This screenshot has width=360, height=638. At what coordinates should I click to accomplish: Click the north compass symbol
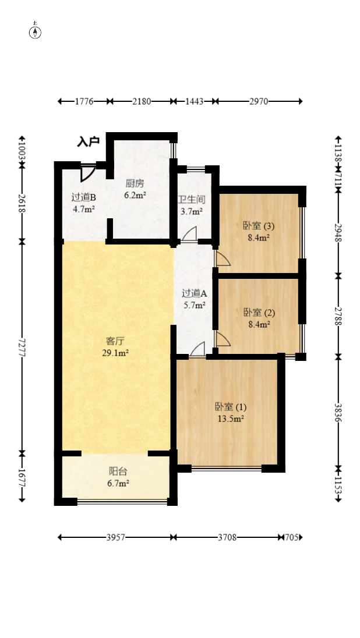(x=36, y=32)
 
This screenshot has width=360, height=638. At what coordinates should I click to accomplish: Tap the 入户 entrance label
(x=89, y=142)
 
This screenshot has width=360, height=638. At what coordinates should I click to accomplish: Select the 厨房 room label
(x=135, y=183)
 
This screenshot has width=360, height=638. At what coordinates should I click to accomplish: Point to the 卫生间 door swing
(x=189, y=233)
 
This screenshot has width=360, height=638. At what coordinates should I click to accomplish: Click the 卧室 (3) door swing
(x=223, y=258)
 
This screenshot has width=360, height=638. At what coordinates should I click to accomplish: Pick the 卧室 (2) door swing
(x=223, y=339)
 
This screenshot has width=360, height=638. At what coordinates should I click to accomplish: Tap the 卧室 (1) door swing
(x=197, y=349)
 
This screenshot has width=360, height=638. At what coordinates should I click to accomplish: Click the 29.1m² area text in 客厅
(x=115, y=353)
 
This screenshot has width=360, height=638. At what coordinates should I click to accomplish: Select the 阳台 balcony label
(x=118, y=472)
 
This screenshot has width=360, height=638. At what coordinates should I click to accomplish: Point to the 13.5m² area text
(x=231, y=419)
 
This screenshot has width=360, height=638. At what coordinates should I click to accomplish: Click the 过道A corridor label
(x=195, y=293)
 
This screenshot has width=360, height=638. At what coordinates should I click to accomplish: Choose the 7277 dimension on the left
(x=22, y=348)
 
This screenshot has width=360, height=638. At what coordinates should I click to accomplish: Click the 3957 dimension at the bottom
(x=116, y=537)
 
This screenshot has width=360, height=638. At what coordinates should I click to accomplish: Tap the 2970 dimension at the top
(x=259, y=101)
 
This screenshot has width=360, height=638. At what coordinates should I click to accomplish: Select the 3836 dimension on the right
(x=338, y=413)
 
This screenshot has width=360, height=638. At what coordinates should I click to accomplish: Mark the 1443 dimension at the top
(x=194, y=101)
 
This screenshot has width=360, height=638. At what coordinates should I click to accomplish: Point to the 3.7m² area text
(x=192, y=211)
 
